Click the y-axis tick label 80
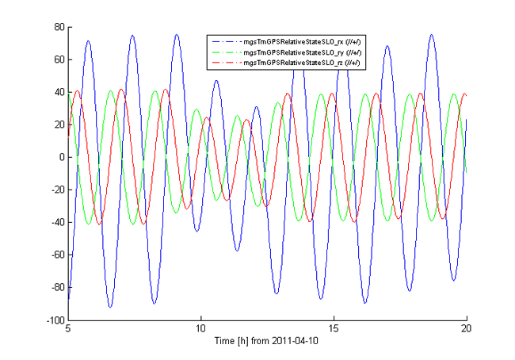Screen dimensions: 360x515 click(x=58, y=26)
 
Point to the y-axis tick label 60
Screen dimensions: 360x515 click(x=58, y=59)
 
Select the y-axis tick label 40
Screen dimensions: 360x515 click(x=58, y=91)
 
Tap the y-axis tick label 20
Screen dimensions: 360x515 click(x=58, y=124)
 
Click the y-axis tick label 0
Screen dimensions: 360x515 click(x=60, y=157)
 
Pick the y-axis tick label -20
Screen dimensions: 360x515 click(x=55, y=190)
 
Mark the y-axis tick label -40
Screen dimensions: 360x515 click(x=55, y=223)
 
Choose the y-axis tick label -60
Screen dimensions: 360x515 click(x=55, y=255)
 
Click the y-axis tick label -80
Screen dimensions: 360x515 click(x=55, y=288)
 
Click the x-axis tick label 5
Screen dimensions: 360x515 click(x=67, y=330)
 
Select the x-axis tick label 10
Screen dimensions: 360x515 click(x=200, y=330)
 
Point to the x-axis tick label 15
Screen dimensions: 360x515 click(x=334, y=330)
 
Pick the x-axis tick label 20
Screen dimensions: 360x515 click(x=467, y=330)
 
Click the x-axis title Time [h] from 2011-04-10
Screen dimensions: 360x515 click(x=267, y=343)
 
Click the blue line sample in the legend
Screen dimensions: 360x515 click(x=225, y=41)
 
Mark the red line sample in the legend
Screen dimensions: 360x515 click(x=225, y=62)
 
